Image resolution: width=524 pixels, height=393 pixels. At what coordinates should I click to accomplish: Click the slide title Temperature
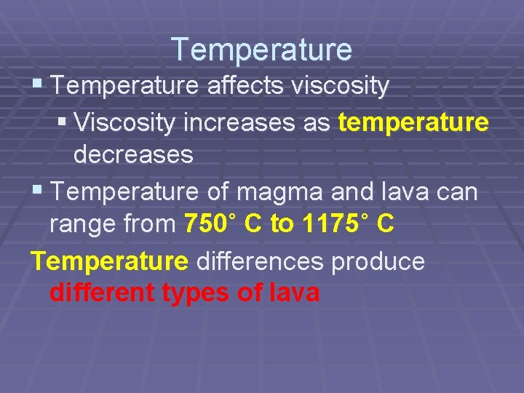262,49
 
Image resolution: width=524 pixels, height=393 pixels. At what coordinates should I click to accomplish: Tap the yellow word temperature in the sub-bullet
413,123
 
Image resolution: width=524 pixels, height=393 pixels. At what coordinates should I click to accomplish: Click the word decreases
133,154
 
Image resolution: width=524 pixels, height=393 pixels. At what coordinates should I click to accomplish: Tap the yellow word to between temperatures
280,224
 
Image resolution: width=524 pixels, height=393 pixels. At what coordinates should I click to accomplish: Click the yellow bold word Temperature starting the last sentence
109,261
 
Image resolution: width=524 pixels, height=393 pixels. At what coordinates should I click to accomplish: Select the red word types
194,294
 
